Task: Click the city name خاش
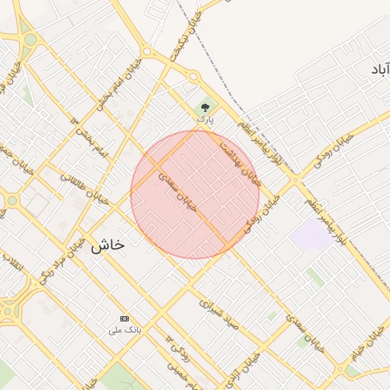pos(107,245)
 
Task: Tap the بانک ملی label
pos(124,331)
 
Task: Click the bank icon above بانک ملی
pos(124,318)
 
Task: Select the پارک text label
pos(205,120)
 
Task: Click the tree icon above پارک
pos(204,107)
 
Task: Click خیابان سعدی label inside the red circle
pos(177,191)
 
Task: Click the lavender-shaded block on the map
pos(310,235)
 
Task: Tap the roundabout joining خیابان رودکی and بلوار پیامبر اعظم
pos(296,181)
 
